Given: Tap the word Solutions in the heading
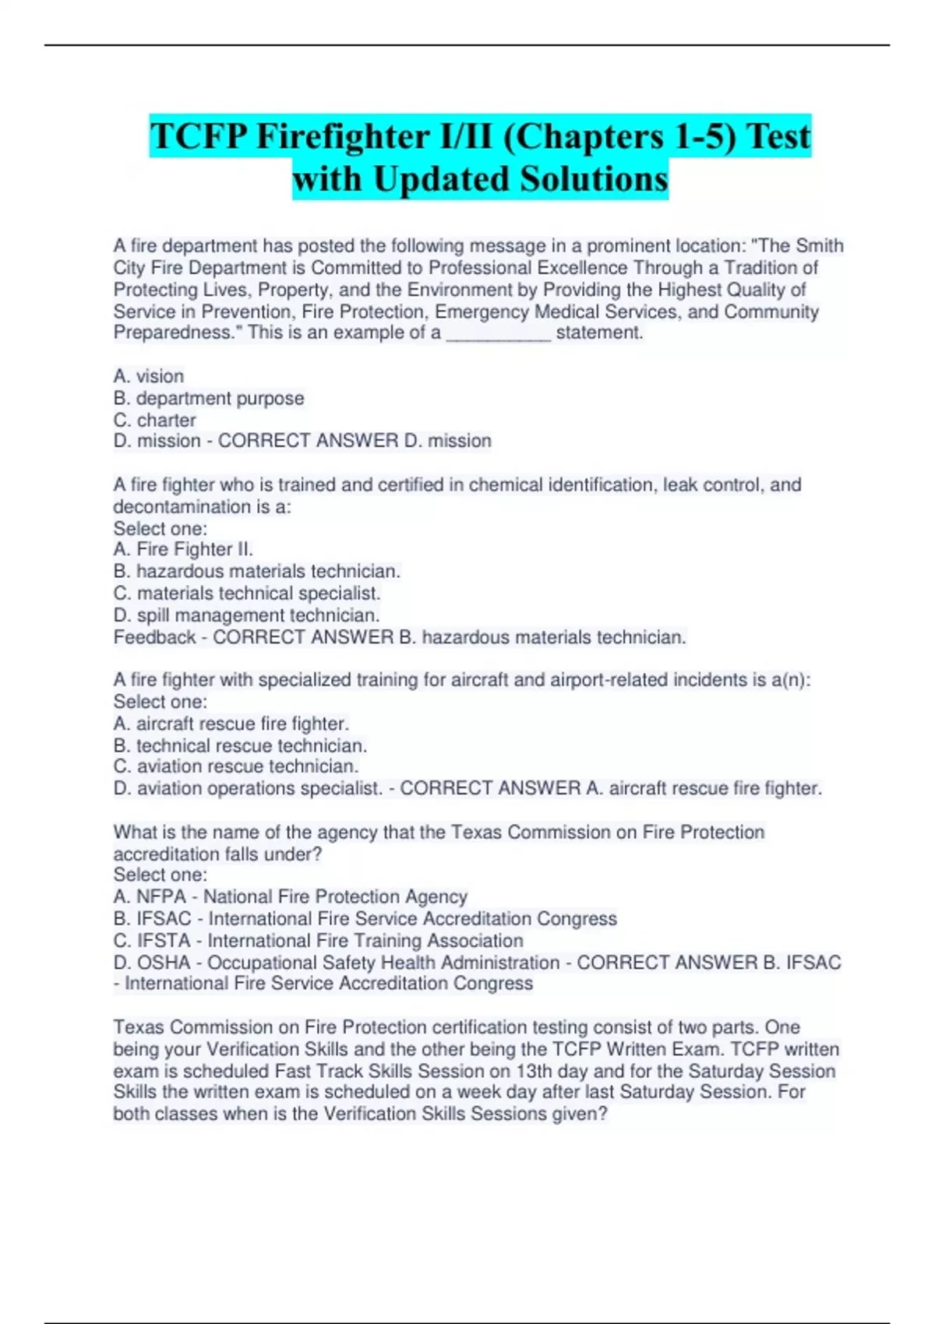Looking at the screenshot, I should [595, 179].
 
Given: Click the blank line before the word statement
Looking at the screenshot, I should [498, 334].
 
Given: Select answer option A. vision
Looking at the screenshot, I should [149, 376].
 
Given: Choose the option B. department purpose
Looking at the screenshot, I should [209, 398].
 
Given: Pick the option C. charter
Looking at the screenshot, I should [154, 420].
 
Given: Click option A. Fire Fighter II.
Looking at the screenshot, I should [183, 549].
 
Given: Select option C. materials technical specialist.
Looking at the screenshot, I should [247, 593].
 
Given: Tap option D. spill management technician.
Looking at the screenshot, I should [246, 615].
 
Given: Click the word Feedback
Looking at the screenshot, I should [154, 637].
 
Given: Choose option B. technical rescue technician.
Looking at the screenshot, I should [240, 745].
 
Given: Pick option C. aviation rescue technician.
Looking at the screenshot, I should [236, 766].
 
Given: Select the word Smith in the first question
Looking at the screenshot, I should [820, 246].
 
